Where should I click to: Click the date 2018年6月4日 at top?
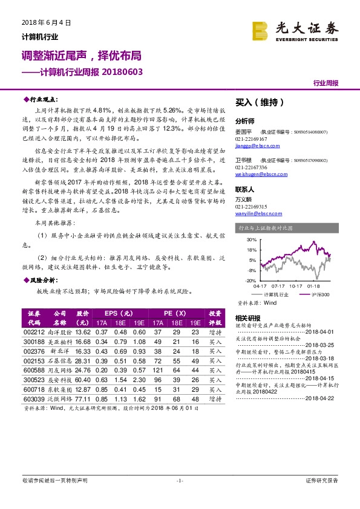[x=42, y=22]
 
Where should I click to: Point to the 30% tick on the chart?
[x=252, y=240]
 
